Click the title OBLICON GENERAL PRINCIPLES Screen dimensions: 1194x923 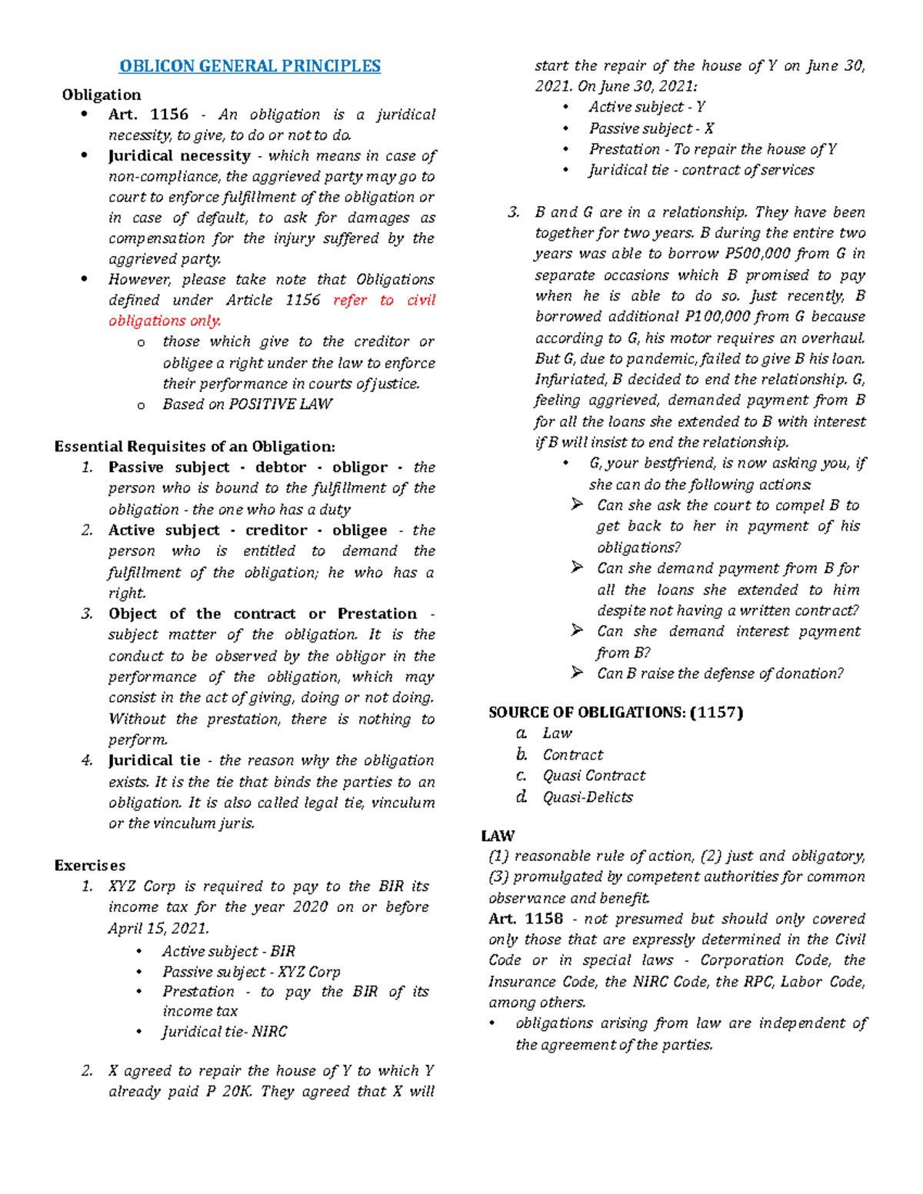pyautogui.click(x=249, y=66)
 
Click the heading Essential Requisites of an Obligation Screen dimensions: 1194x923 pyautogui.click(x=195, y=447)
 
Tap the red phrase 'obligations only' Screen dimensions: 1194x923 pyautogui.click(x=165, y=321)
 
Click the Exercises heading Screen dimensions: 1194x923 pyautogui.click(x=89, y=866)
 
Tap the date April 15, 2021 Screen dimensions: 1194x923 pyautogui.click(x=158, y=929)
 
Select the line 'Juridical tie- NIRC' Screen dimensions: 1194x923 pyautogui.click(x=224, y=1032)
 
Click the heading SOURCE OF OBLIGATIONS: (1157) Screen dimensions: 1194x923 pyautogui.click(x=615, y=713)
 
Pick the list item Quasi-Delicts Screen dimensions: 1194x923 pyautogui.click(x=588, y=797)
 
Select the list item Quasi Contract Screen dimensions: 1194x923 pyautogui.click(x=594, y=776)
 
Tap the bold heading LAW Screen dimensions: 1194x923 pyautogui.click(x=498, y=836)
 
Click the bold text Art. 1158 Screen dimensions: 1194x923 pyautogui.click(x=525, y=919)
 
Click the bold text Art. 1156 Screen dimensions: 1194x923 pyautogui.click(x=148, y=115)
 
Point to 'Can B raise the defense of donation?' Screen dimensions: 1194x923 pyautogui.click(x=719, y=673)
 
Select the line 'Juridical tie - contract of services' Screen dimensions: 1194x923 pyautogui.click(x=701, y=170)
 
